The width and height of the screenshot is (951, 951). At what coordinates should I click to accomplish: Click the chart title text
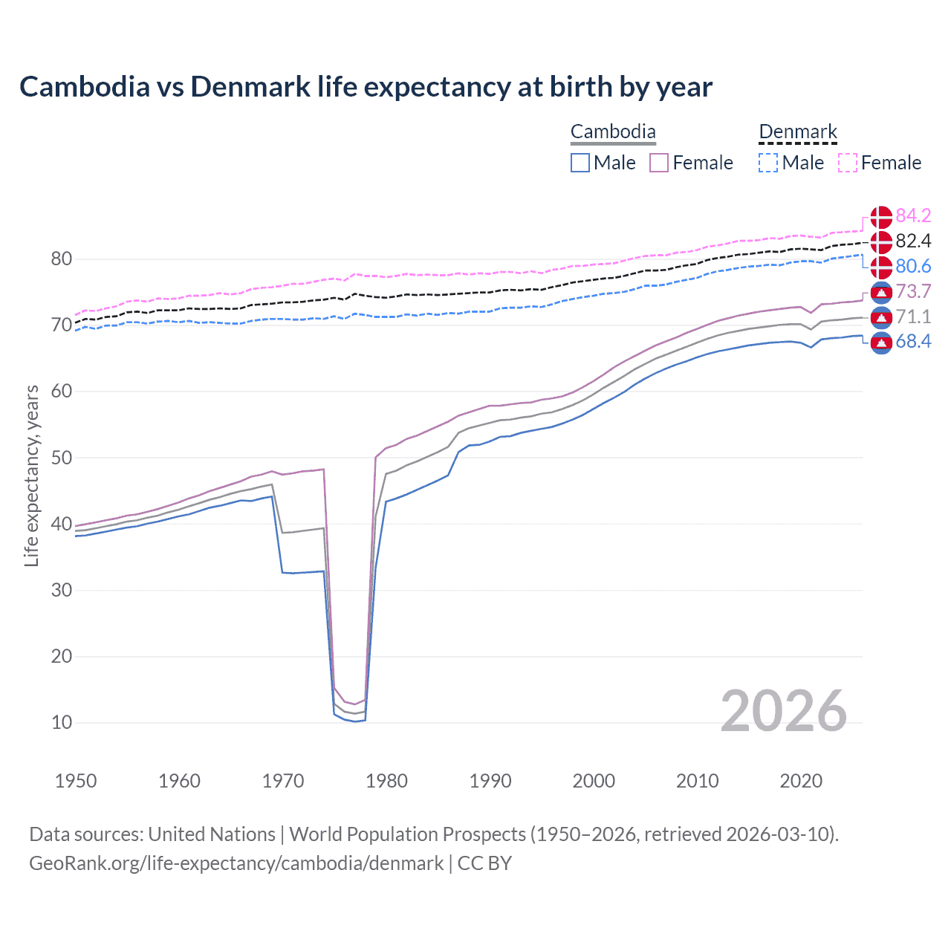pyautogui.click(x=366, y=87)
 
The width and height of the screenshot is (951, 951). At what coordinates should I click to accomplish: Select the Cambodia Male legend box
pyautogui.click(x=580, y=163)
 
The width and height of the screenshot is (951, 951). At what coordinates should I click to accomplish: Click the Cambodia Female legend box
pyautogui.click(x=659, y=163)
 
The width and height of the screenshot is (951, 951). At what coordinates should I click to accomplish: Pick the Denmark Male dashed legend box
pyautogui.click(x=768, y=163)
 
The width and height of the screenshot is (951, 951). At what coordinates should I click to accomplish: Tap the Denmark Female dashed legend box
pyautogui.click(x=848, y=163)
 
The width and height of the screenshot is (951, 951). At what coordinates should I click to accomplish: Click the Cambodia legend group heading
pyautogui.click(x=613, y=132)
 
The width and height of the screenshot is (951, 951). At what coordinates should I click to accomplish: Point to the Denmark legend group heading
pyautogui.click(x=798, y=132)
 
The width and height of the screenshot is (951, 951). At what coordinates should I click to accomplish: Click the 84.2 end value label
pyautogui.click(x=913, y=215)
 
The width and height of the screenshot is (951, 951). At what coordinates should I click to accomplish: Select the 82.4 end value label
pyautogui.click(x=913, y=241)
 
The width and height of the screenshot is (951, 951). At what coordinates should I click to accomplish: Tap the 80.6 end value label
pyautogui.click(x=913, y=266)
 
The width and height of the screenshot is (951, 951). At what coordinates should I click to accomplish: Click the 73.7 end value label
pyautogui.click(x=913, y=291)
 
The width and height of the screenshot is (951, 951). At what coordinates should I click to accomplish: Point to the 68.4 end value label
pyautogui.click(x=913, y=342)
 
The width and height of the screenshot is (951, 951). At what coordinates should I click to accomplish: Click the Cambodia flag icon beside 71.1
pyautogui.click(x=881, y=317)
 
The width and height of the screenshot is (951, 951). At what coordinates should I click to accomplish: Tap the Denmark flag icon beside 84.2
pyautogui.click(x=881, y=216)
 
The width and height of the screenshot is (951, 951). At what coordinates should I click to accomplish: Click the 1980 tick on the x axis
pyautogui.click(x=386, y=781)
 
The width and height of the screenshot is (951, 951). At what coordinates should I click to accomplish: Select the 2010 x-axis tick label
pyautogui.click(x=697, y=781)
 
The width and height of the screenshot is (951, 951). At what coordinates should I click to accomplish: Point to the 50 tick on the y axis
pyautogui.click(x=62, y=458)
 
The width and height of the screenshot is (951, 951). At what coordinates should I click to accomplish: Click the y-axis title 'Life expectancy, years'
pyautogui.click(x=31, y=475)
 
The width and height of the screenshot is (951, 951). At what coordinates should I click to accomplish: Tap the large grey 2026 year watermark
pyautogui.click(x=783, y=711)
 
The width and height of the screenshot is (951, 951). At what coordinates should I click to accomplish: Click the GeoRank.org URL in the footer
pyautogui.click(x=236, y=863)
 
